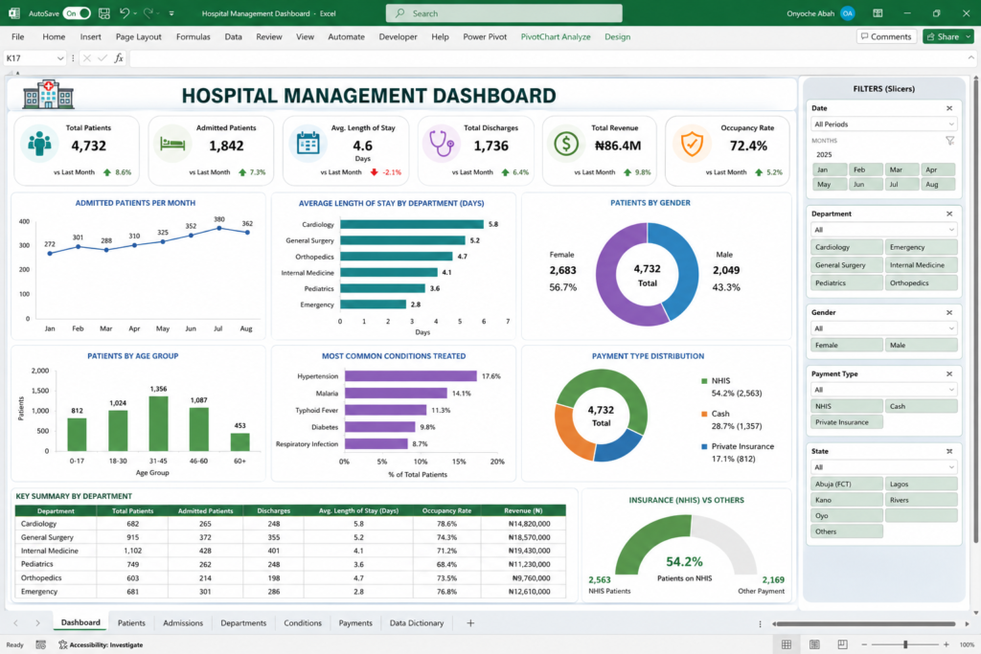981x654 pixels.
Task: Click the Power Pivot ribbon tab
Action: (484, 37)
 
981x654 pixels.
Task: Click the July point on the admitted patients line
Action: (219, 228)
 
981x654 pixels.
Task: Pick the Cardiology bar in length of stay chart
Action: (412, 224)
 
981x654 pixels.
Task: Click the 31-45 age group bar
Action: (158, 423)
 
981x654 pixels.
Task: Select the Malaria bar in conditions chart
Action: (396, 394)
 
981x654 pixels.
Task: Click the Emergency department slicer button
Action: (921, 247)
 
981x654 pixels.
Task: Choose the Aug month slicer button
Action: (937, 185)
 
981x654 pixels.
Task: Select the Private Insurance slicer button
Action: (847, 422)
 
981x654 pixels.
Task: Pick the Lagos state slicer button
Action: (921, 484)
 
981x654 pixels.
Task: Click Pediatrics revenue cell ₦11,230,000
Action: (529, 564)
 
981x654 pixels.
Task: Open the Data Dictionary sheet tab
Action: (417, 622)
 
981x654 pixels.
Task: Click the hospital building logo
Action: (48, 95)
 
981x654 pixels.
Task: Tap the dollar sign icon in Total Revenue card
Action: (566, 144)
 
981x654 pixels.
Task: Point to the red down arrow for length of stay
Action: (375, 172)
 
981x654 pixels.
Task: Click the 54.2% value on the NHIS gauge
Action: (684, 561)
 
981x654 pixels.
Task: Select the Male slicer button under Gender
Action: (921, 345)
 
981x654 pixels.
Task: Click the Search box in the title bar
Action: (504, 13)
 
